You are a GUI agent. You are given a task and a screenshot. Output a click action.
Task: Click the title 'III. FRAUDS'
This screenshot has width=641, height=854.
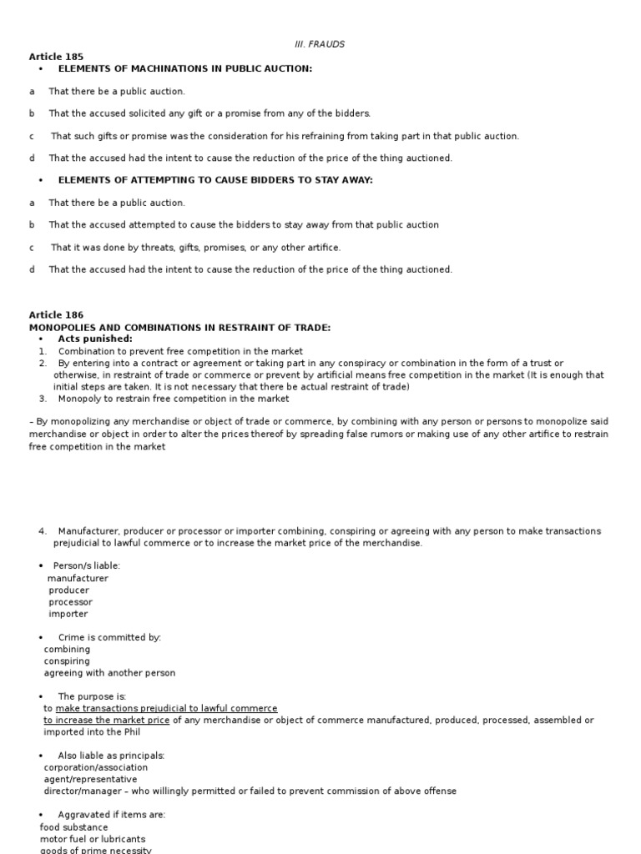(x=320, y=44)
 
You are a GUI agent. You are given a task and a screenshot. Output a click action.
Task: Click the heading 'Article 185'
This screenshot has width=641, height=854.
(x=57, y=57)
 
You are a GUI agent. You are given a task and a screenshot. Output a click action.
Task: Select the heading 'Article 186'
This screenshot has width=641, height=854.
(x=57, y=315)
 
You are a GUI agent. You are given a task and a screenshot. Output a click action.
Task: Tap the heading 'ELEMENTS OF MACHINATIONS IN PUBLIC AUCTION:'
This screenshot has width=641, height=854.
(x=184, y=68)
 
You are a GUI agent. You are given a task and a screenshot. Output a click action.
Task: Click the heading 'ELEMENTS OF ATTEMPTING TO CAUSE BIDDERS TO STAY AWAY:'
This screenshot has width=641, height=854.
(x=215, y=180)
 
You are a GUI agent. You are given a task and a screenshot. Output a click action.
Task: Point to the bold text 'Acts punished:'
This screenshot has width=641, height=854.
(x=95, y=339)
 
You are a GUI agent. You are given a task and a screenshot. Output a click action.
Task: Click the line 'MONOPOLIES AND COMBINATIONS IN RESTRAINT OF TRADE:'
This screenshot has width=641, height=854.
(x=179, y=328)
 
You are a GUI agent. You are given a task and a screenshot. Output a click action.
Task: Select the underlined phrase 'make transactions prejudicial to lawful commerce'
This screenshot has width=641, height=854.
(x=166, y=708)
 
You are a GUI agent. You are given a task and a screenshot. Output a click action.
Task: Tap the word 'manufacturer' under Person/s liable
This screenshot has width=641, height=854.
(x=78, y=578)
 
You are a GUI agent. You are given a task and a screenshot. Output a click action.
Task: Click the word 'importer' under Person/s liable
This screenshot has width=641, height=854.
(x=68, y=614)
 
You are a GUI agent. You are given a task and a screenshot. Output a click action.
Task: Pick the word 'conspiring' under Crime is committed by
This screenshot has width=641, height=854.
(x=67, y=661)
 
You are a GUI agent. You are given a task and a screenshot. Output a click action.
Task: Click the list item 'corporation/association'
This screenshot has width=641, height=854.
(x=96, y=767)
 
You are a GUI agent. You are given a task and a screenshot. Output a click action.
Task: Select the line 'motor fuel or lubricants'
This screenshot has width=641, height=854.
(x=93, y=839)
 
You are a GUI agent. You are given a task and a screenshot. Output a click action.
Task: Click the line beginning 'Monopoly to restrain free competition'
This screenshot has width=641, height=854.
(x=174, y=399)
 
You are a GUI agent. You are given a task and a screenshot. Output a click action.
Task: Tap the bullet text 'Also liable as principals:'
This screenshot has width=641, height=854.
(x=111, y=756)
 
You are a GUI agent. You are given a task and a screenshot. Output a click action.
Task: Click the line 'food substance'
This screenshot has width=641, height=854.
(x=74, y=827)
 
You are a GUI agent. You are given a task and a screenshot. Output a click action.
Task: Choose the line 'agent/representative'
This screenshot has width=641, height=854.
(x=90, y=779)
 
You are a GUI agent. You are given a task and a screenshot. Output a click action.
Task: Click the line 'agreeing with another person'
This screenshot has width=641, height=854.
(x=109, y=673)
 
